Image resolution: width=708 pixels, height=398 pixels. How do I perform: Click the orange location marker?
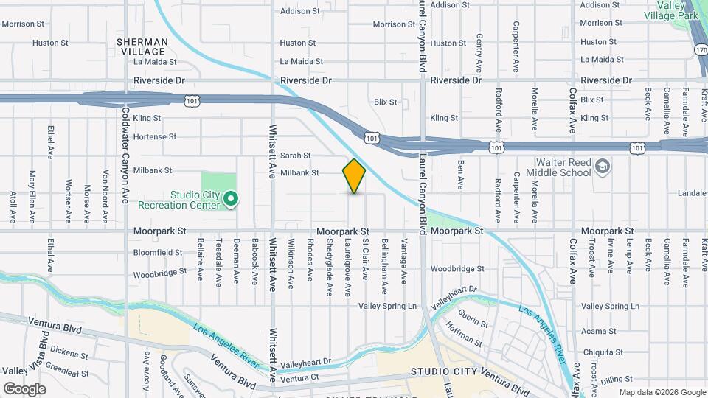click(354, 175)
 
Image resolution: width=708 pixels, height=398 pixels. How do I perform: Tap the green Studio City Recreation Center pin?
click(230, 198)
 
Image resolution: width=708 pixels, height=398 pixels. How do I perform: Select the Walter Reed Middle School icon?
click(603, 165)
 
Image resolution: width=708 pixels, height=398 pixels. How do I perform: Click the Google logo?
click(24, 388)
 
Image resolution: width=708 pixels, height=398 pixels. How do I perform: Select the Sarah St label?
click(296, 156)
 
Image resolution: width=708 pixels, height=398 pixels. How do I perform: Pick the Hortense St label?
click(155, 136)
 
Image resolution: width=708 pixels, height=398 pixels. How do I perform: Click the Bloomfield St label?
click(158, 252)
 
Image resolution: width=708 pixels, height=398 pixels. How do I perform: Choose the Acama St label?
click(598, 332)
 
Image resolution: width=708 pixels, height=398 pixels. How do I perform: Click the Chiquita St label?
click(602, 352)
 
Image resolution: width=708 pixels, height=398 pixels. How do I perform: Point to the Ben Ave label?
click(460, 174)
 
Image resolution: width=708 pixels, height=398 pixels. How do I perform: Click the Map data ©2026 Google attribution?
click(662, 392)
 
